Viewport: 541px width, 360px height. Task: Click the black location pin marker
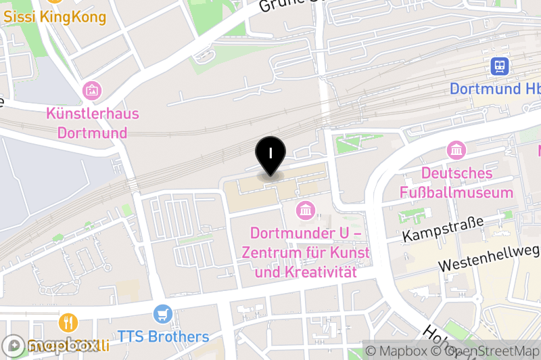pyautogui.click(x=270, y=155)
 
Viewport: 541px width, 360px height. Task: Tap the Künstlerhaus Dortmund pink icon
pyautogui.click(x=91, y=89)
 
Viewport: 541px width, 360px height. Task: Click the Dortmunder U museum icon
pyautogui.click(x=306, y=210)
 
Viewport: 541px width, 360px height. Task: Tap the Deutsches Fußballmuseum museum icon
pyautogui.click(x=456, y=150)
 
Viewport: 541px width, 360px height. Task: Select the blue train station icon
pyautogui.click(x=500, y=66)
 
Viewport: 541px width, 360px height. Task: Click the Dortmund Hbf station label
pyautogui.click(x=494, y=89)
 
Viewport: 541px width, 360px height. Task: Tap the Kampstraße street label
pyautogui.click(x=444, y=229)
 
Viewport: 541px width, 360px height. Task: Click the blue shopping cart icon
pyautogui.click(x=162, y=314)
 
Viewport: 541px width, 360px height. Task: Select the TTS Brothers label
pyautogui.click(x=163, y=336)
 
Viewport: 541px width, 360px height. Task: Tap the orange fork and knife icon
pyautogui.click(x=68, y=321)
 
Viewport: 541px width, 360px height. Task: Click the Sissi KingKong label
pyautogui.click(x=55, y=17)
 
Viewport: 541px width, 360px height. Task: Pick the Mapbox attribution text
pyautogui.click(x=402, y=351)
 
